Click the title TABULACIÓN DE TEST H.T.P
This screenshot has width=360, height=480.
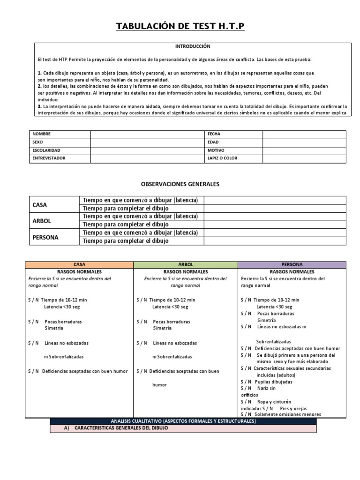pyautogui.click(x=180, y=27)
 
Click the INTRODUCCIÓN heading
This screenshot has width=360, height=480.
pyautogui.click(x=193, y=46)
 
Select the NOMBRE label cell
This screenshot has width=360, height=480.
pyautogui.click(x=41, y=134)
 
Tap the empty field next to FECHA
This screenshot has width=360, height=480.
pyautogui.click(x=304, y=134)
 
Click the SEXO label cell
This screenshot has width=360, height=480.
pyautogui.click(x=37, y=142)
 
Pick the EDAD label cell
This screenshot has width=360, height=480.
pyautogui.click(x=213, y=142)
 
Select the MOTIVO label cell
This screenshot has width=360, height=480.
pyautogui.click(x=216, y=150)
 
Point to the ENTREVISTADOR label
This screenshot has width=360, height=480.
pyautogui.click(x=49, y=158)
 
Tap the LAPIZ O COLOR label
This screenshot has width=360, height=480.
pyautogui.click(x=222, y=158)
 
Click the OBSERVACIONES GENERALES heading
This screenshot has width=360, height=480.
pyautogui.click(x=180, y=184)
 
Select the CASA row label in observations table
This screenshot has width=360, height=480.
pyautogui.click(x=40, y=205)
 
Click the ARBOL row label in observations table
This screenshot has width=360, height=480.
pyautogui.click(x=42, y=221)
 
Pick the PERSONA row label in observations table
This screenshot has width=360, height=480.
pyautogui.click(x=45, y=237)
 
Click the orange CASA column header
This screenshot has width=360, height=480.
pyautogui.click(x=80, y=265)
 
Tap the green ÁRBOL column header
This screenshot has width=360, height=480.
pyautogui.click(x=186, y=265)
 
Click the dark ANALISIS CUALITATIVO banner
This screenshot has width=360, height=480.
pyautogui.click(x=183, y=421)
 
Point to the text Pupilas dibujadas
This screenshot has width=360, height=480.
pyautogui.click(x=274, y=382)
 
